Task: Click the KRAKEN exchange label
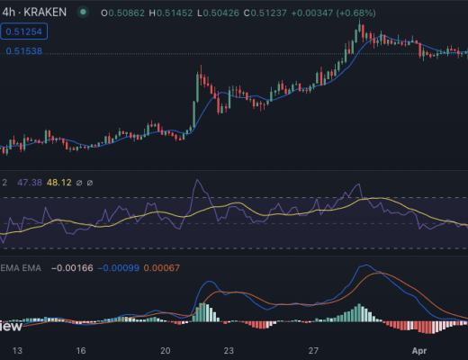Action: pyautogui.click(x=44, y=13)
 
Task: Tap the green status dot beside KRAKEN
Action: pyautogui.click(x=84, y=13)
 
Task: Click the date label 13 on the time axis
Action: pyautogui.click(x=15, y=351)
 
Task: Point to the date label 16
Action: pyautogui.click(x=80, y=351)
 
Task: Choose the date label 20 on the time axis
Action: pyautogui.click(x=165, y=351)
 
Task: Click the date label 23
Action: pyautogui.click(x=229, y=351)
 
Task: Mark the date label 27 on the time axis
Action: pyautogui.click(x=313, y=351)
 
